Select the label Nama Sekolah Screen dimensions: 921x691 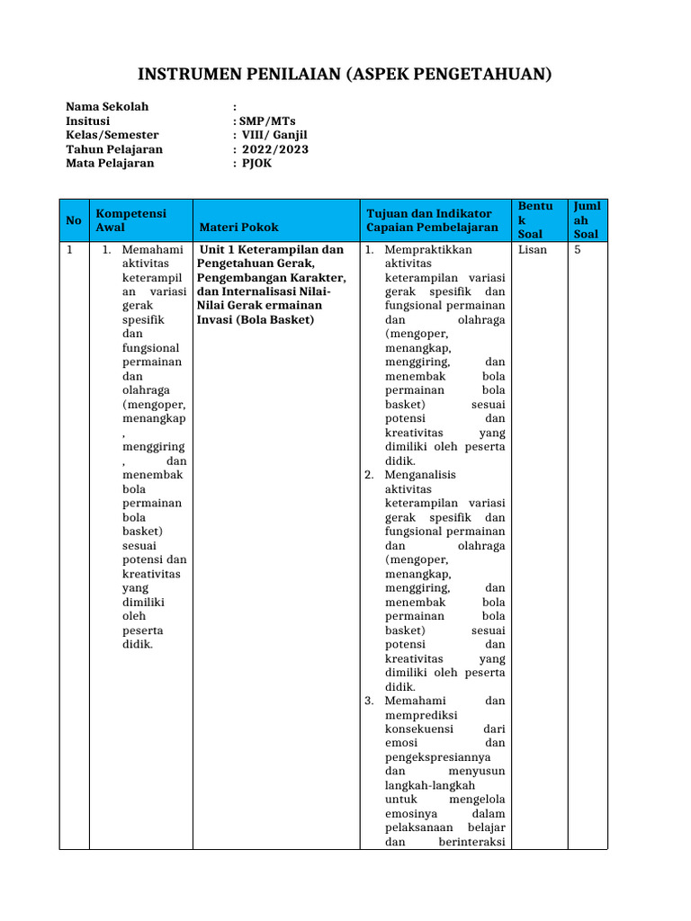pyautogui.click(x=107, y=107)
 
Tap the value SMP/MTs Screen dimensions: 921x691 pyautogui.click(x=264, y=121)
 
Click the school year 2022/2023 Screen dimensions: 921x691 pyautogui.click(x=274, y=149)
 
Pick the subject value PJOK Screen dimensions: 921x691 pyautogui.click(x=256, y=164)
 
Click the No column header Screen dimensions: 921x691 pyautogui.click(x=74, y=220)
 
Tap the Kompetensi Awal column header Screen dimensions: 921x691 pyautogui.click(x=131, y=220)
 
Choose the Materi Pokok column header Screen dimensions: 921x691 pyautogui.click(x=239, y=228)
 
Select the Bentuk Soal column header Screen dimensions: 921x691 pyautogui.click(x=536, y=220)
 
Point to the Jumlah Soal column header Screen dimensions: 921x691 pyautogui.click(x=587, y=220)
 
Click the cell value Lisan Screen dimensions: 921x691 pyautogui.click(x=533, y=249)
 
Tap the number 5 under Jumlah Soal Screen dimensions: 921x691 pyautogui.click(x=578, y=249)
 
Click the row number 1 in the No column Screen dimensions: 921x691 pyautogui.click(x=69, y=249)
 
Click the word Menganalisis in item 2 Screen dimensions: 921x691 pyautogui.click(x=420, y=475)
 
